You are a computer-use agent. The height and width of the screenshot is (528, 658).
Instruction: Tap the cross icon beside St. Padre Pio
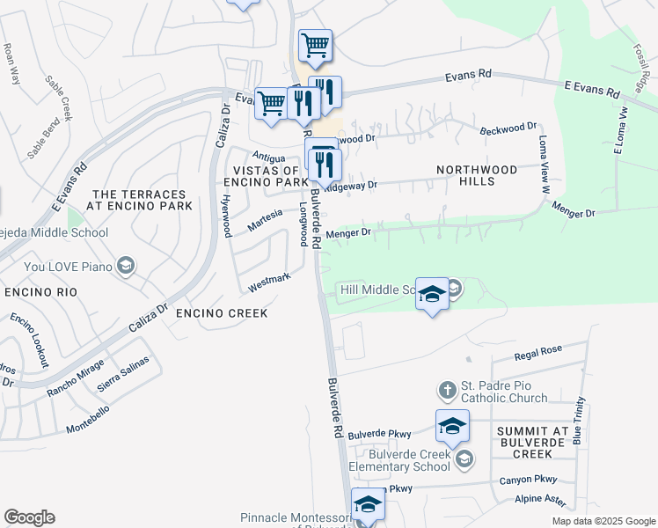click(447, 389)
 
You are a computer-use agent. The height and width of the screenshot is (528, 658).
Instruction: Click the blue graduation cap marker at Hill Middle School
click(432, 296)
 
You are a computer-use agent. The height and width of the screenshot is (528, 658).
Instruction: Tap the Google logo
click(29, 517)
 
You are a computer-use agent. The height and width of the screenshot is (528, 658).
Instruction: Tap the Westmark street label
click(269, 282)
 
